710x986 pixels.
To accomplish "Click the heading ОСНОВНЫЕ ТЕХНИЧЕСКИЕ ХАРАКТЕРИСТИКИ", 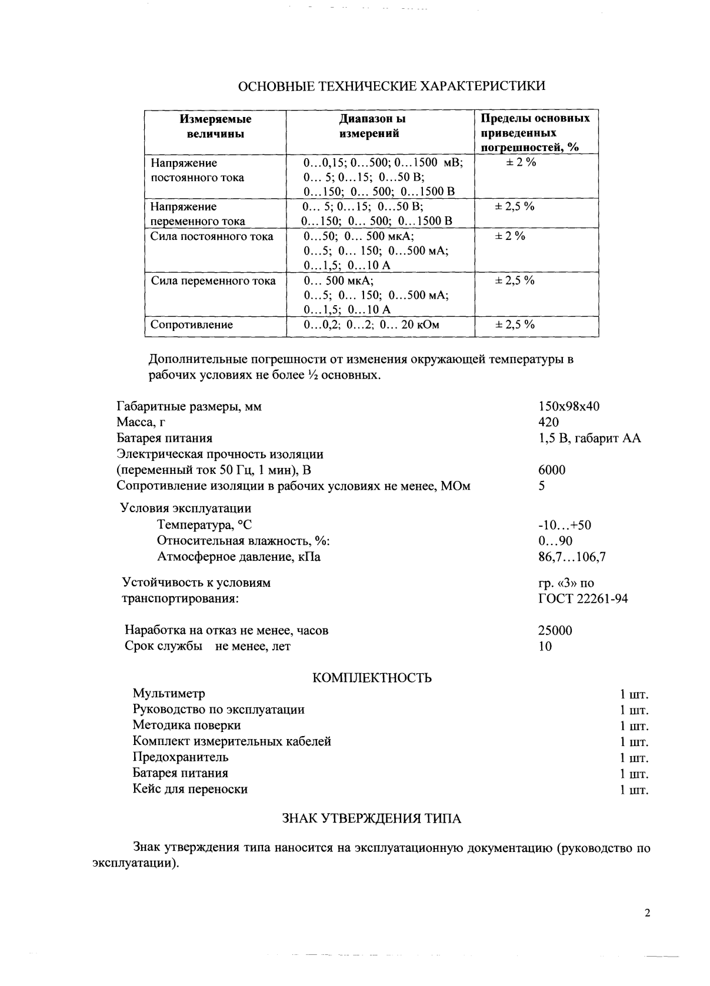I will [x=391, y=86].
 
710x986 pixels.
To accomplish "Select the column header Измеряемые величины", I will [x=215, y=126].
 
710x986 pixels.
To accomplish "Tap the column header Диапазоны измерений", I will [x=373, y=126].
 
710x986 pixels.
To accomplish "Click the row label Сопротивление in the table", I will [x=192, y=325].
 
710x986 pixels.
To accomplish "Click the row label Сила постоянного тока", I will [x=212, y=236].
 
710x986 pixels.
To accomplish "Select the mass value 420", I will [x=548, y=422].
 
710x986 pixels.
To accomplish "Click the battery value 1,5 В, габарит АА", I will [x=589, y=438].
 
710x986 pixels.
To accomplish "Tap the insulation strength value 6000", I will [x=552, y=470].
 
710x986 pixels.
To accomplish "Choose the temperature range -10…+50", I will [x=565, y=525].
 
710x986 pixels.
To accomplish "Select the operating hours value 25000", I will [x=555, y=631].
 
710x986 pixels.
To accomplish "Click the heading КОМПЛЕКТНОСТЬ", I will [x=372, y=678].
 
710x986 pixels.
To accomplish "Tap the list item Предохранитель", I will [x=181, y=757].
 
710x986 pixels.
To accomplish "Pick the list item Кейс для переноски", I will [x=190, y=789].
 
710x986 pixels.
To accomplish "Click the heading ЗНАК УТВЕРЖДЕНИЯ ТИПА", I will [x=372, y=819].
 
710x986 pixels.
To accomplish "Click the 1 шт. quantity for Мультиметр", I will [x=634, y=694].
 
